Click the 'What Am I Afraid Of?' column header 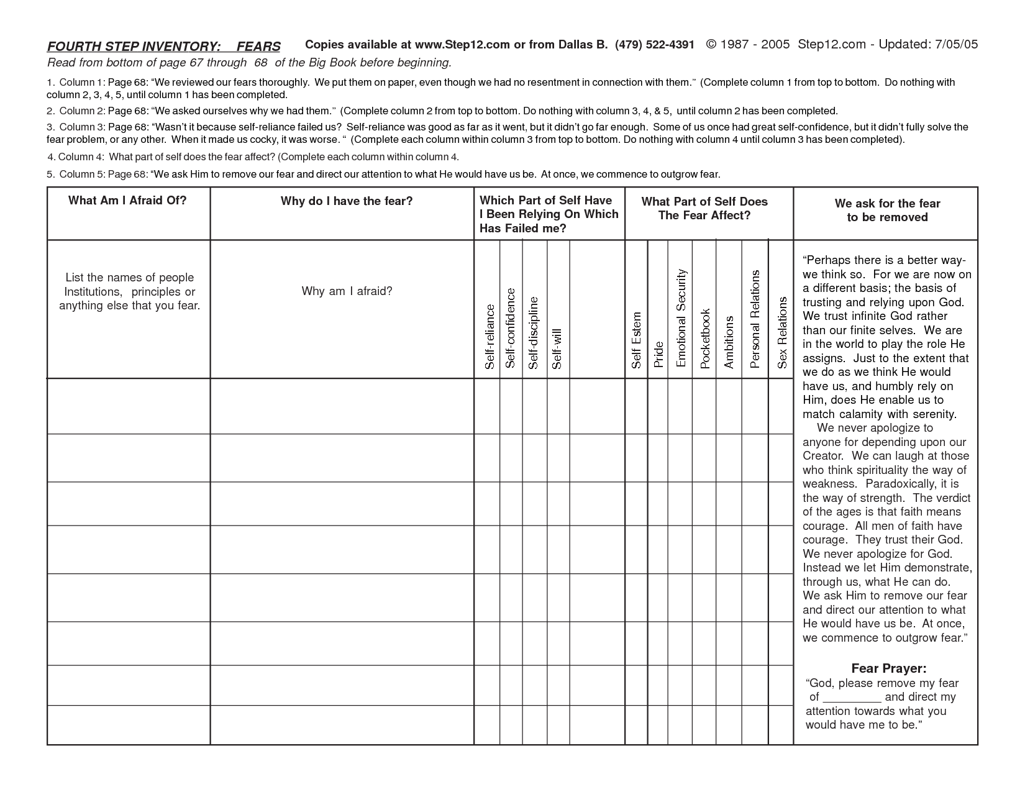[x=127, y=200]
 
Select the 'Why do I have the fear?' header [x=347, y=201]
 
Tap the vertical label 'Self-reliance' [x=490, y=337]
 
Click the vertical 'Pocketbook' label [x=704, y=339]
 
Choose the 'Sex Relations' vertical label [x=782, y=332]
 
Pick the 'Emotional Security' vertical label [x=681, y=317]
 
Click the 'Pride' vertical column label [x=658, y=354]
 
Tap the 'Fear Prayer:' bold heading [x=888, y=668]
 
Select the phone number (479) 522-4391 [x=655, y=45]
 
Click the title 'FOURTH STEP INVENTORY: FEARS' [x=164, y=47]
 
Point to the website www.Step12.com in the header [x=462, y=45]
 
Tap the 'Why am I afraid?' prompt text [x=347, y=291]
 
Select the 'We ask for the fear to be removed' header [x=887, y=210]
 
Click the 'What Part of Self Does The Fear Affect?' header [x=704, y=208]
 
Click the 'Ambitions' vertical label [x=729, y=342]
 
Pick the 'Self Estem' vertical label [x=636, y=340]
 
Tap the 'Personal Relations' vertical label [x=755, y=319]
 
